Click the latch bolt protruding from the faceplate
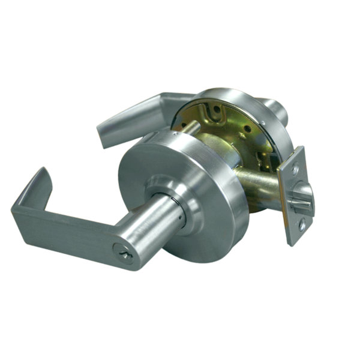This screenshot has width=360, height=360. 304,205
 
